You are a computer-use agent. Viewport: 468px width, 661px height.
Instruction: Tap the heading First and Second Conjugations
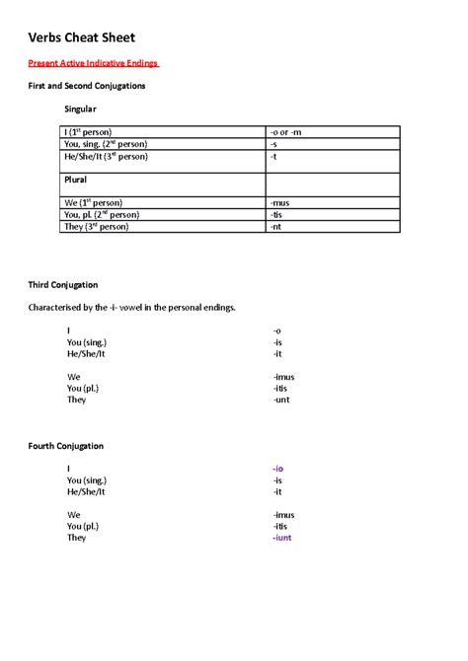86,86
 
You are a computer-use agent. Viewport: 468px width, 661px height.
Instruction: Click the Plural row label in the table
76,180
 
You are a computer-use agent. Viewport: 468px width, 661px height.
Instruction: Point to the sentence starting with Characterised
131,308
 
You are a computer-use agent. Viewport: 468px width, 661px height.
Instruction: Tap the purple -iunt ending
281,538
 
